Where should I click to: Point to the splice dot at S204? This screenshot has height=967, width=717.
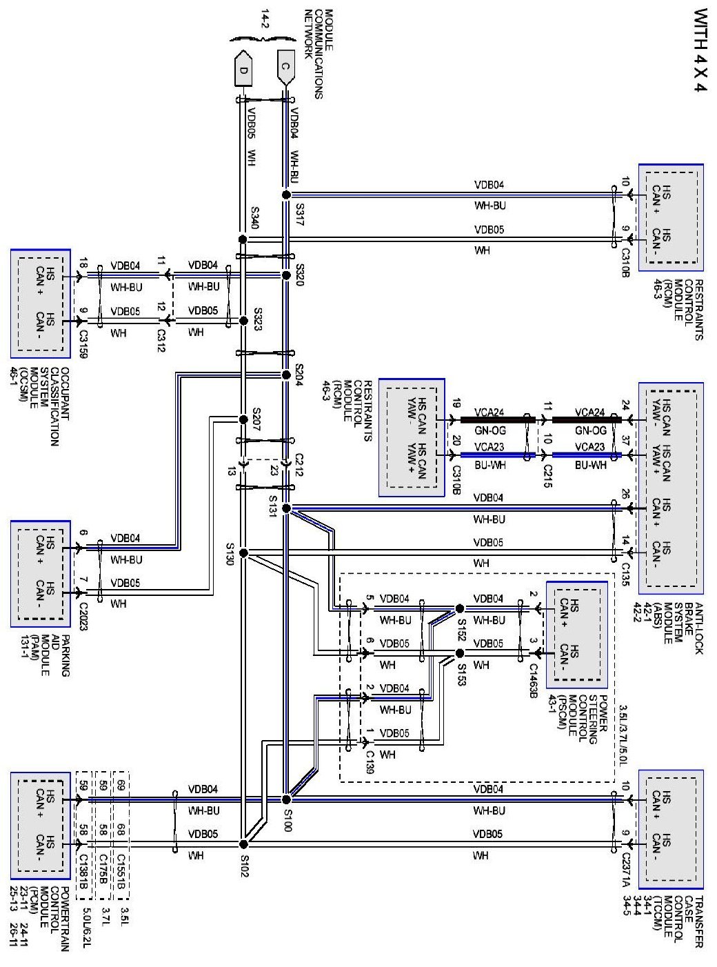coord(286,375)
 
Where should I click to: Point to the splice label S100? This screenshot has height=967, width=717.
coord(287,820)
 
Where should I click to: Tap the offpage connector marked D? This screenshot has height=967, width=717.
coord(242,69)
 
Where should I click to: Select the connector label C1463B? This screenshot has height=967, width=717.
coord(533,681)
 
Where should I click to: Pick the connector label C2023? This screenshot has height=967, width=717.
coord(84,616)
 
